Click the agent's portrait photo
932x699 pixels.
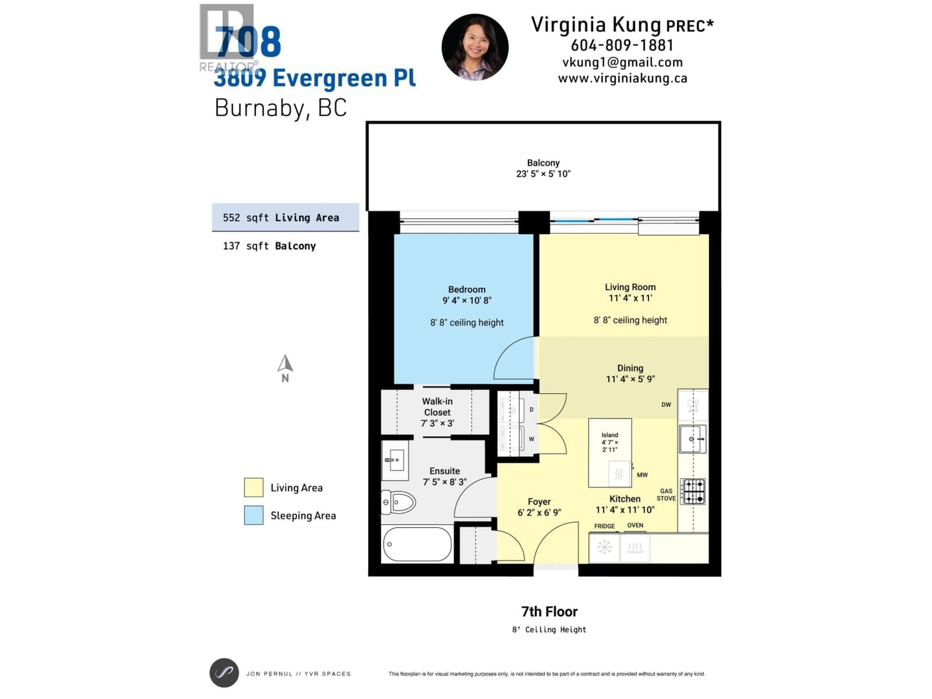coord(475,47)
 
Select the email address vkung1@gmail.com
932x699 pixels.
coord(622,62)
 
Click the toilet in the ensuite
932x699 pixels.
coord(398,502)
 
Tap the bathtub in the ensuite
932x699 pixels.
coord(417,544)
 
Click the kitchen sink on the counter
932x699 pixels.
coord(692,439)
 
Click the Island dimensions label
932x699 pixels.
coord(610,442)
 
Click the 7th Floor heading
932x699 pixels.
coord(549,611)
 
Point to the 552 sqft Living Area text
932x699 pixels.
coord(281,218)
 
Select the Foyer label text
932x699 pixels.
coord(539,501)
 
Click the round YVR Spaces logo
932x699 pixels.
coord(224,673)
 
